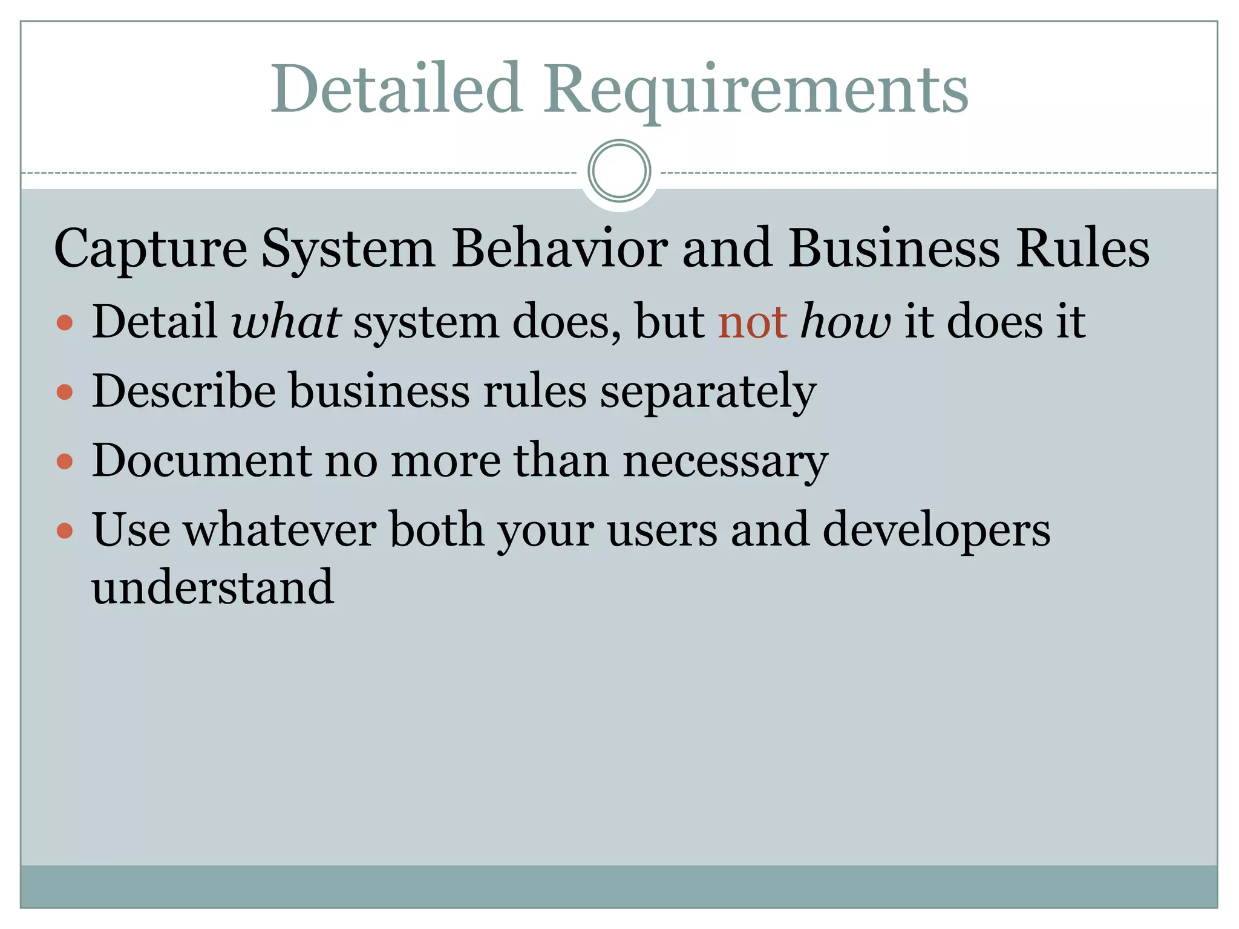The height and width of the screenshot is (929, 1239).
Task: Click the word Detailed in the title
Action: (x=396, y=90)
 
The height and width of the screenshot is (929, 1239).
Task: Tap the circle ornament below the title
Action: (x=619, y=171)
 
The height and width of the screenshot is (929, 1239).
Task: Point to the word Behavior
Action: (x=560, y=248)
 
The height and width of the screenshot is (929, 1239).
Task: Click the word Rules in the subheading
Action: (x=1082, y=248)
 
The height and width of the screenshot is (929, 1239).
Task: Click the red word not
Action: (x=752, y=322)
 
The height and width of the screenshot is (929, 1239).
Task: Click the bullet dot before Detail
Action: (x=65, y=323)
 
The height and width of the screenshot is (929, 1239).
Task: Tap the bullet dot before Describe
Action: (x=65, y=393)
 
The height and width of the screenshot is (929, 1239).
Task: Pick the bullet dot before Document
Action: (x=65, y=462)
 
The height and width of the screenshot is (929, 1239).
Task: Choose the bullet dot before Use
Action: (x=65, y=531)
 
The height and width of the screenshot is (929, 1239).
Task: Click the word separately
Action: (x=708, y=392)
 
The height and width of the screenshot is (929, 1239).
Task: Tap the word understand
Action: (x=212, y=587)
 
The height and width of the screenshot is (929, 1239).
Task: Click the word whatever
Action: (x=280, y=530)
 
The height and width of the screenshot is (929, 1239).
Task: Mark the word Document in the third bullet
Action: (x=201, y=460)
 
